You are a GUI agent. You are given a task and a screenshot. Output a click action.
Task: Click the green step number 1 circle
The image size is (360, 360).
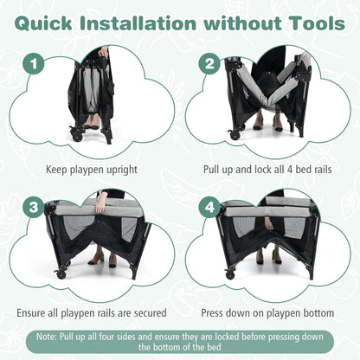tap(34, 63)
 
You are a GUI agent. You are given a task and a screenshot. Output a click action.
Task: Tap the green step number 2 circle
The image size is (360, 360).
tap(209, 63)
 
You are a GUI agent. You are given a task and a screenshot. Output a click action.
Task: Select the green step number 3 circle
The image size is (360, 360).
tap(34, 207)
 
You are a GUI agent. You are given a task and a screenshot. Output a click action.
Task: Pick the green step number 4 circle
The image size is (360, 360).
tap(209, 207)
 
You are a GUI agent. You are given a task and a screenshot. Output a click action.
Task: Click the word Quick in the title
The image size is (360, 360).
tap(43, 23)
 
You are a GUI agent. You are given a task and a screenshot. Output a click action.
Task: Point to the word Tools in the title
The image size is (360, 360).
tap(318, 23)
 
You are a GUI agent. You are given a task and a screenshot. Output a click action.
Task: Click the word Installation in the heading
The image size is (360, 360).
tap(138, 23)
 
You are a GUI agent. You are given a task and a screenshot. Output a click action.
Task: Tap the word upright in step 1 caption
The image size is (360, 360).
tap(122, 170)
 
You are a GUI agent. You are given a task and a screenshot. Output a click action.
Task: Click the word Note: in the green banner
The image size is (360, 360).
tap(47, 337)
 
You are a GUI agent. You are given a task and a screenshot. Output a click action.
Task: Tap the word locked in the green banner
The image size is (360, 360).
tap(227, 337)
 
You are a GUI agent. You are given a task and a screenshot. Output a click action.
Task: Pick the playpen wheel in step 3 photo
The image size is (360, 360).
tap(61, 274)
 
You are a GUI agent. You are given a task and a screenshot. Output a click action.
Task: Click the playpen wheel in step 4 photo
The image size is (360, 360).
tap(230, 274)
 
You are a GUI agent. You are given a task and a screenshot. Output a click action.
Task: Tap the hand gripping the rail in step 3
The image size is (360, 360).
tap(100, 206)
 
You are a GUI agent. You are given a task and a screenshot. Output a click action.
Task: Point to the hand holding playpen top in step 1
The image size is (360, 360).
tap(103, 53)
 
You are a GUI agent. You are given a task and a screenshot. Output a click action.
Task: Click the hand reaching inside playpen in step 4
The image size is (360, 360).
tap(269, 223)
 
